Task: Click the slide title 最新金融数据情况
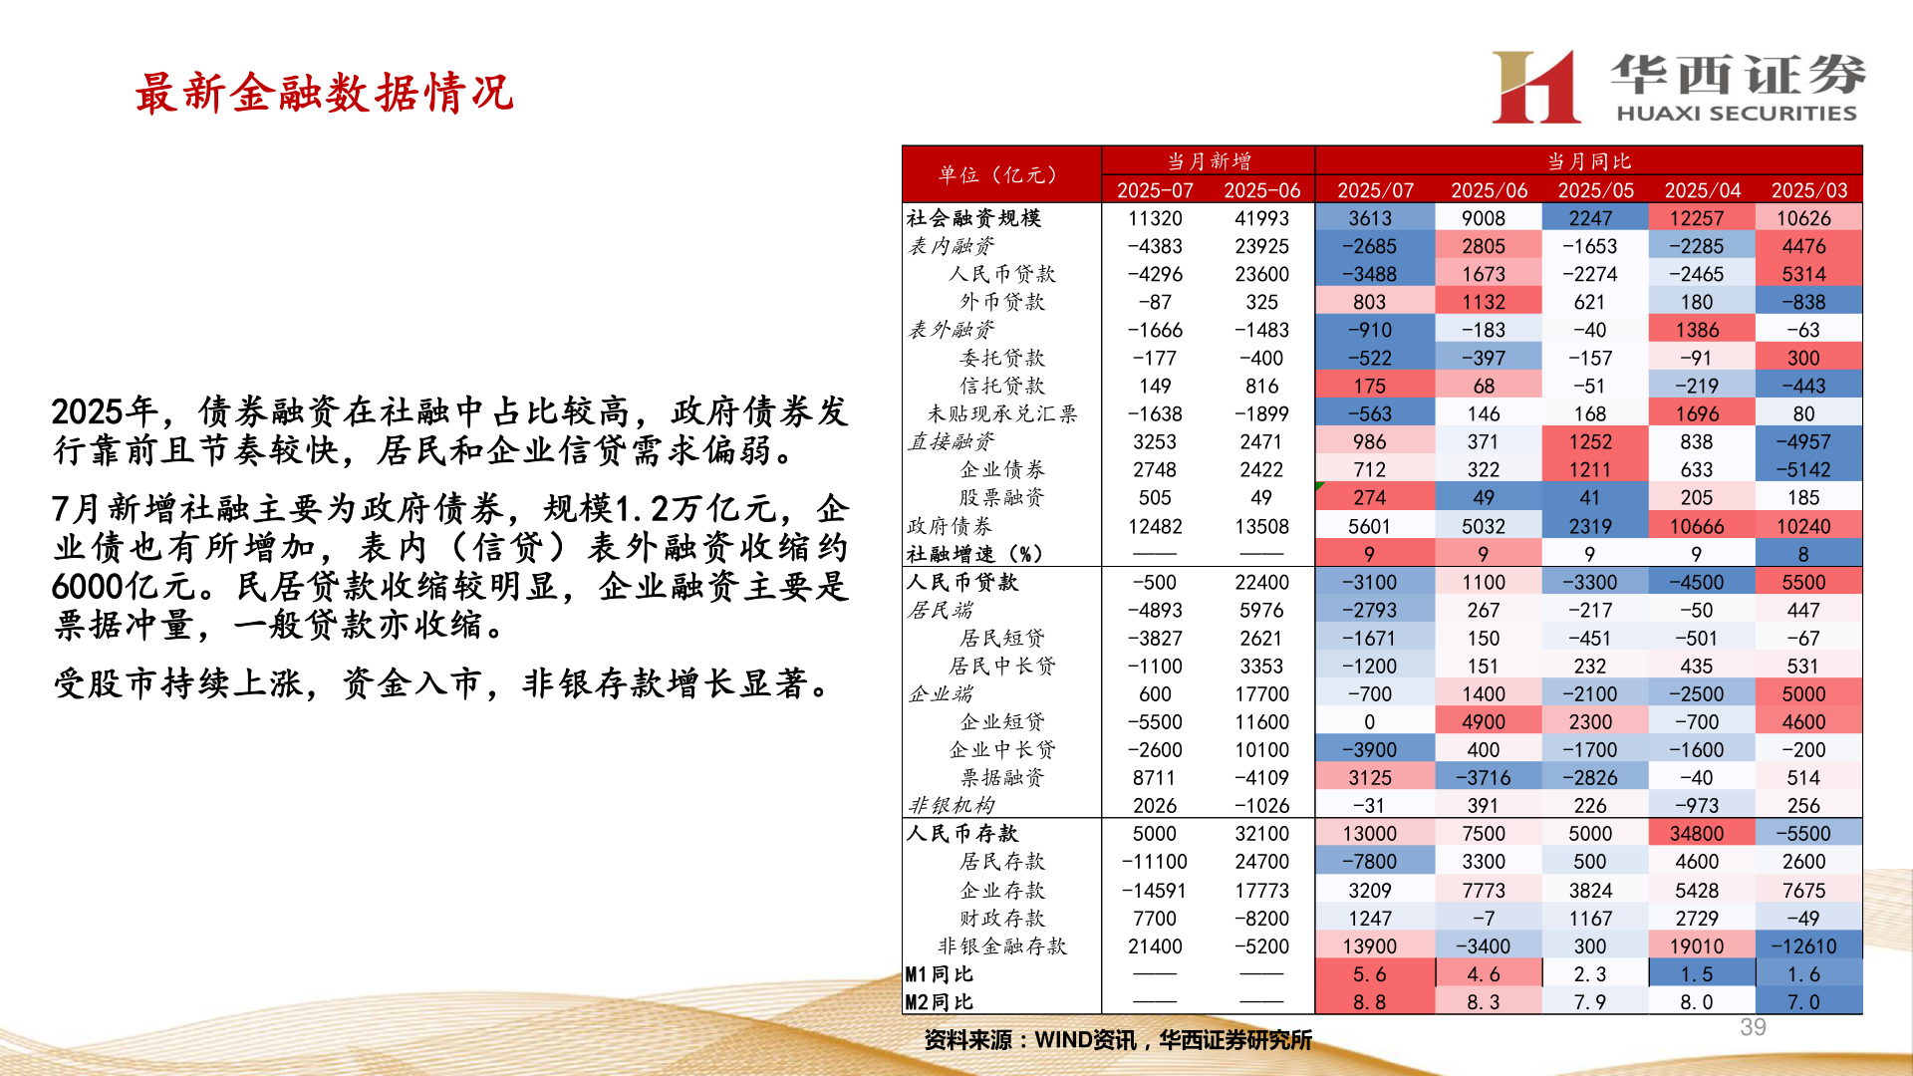tap(324, 93)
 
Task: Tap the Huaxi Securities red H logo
tap(1535, 88)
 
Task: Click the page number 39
tap(1753, 1027)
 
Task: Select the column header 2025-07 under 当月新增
tap(1155, 190)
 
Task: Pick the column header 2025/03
tap(1808, 190)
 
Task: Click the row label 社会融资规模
tap(973, 218)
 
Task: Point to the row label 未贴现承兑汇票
tap(1002, 413)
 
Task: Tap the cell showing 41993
tap(1261, 218)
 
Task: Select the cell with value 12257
tap(1696, 218)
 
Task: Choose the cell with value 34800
tap(1696, 833)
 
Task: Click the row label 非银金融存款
tap(1002, 945)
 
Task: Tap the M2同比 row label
tap(939, 1001)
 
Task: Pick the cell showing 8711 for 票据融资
tap(1154, 777)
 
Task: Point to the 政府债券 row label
tap(950, 526)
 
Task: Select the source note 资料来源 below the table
tap(1117, 1040)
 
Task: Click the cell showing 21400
tap(1154, 945)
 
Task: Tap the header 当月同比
tap(1588, 160)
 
